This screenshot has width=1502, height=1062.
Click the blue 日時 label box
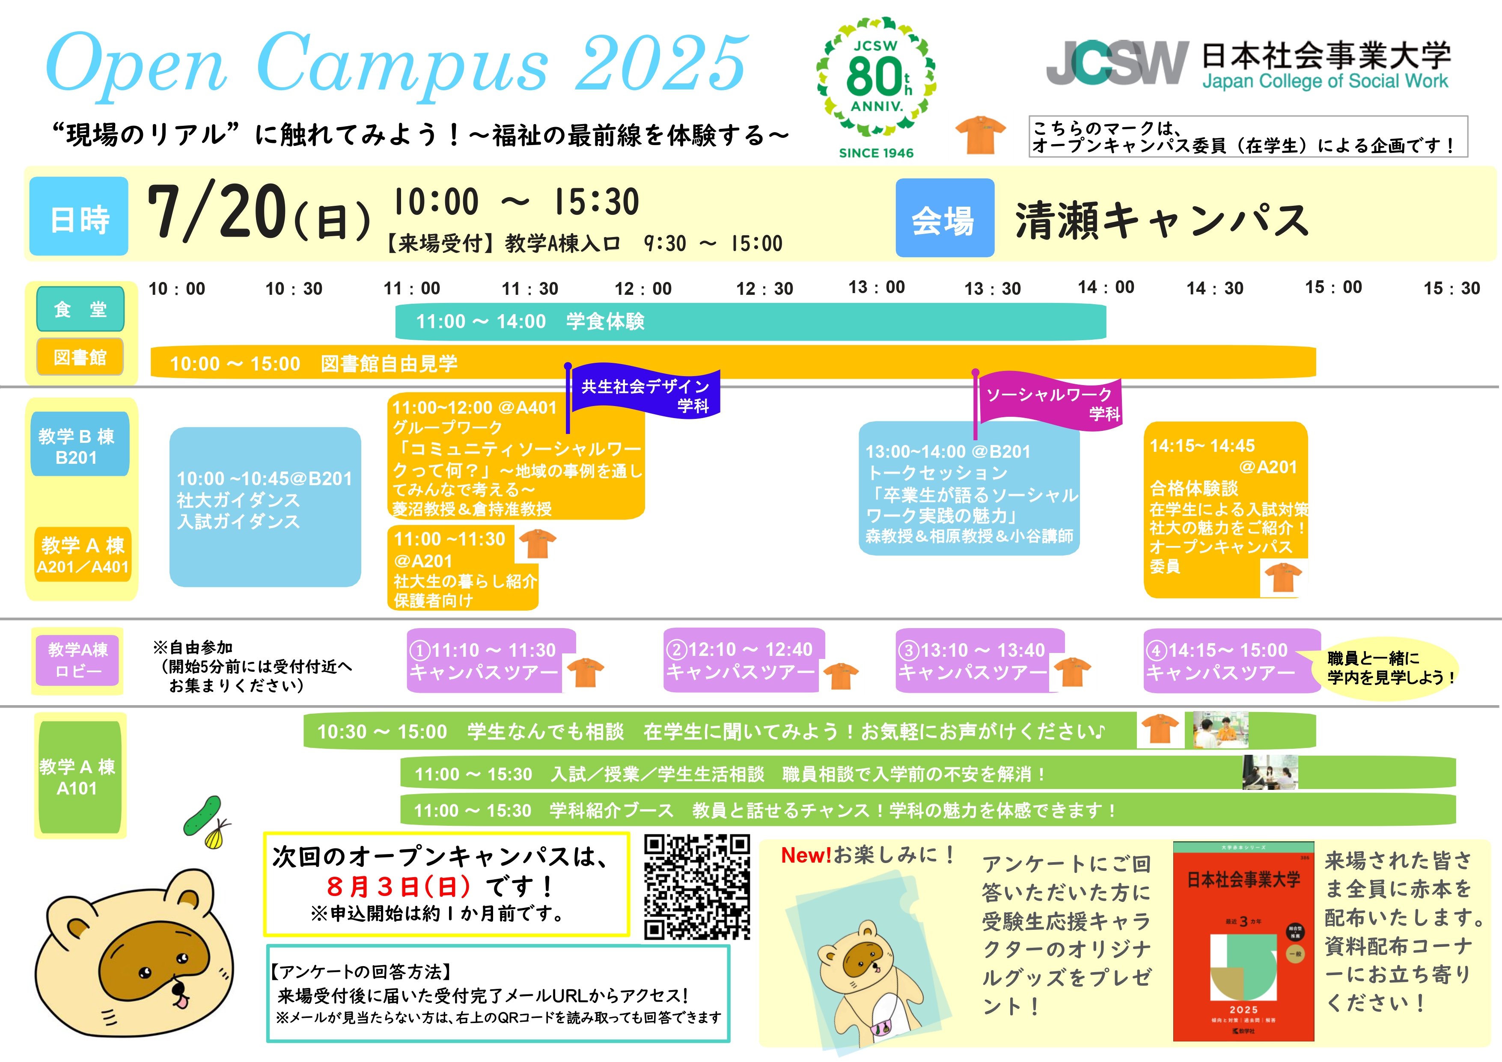pyautogui.click(x=79, y=217)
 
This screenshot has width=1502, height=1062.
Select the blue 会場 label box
pyautogui.click(x=945, y=218)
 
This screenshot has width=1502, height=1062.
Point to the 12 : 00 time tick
pyautogui.click(x=643, y=288)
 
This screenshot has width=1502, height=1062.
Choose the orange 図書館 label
pyautogui.click(x=80, y=357)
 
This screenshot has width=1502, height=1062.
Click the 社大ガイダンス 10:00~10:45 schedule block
pyautogui.click(x=265, y=507)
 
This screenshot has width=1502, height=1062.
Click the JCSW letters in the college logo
pyautogui.click(x=1117, y=63)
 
